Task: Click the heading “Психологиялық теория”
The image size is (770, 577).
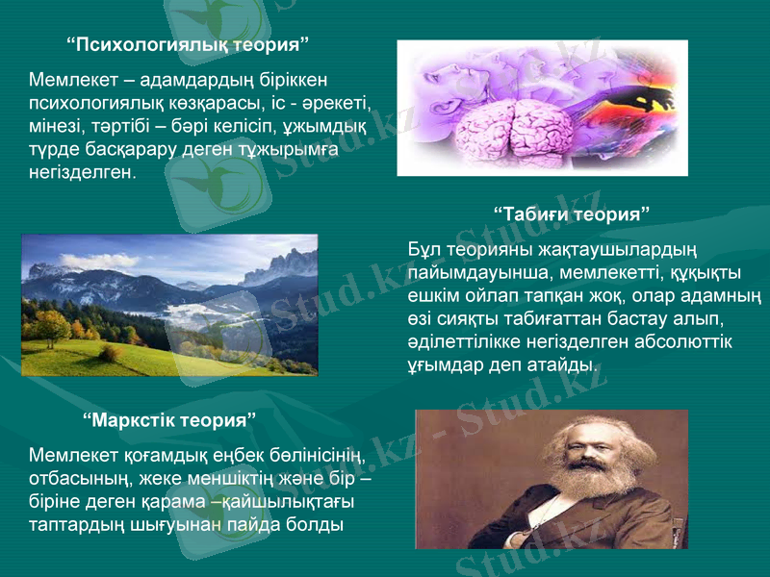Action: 189,44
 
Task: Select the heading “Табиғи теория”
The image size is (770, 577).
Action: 572,212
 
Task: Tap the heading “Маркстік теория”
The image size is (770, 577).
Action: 170,420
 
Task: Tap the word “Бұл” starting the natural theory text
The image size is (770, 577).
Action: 424,251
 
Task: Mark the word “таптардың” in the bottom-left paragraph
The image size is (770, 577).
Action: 71,525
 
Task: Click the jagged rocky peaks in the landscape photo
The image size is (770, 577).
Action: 280,265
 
